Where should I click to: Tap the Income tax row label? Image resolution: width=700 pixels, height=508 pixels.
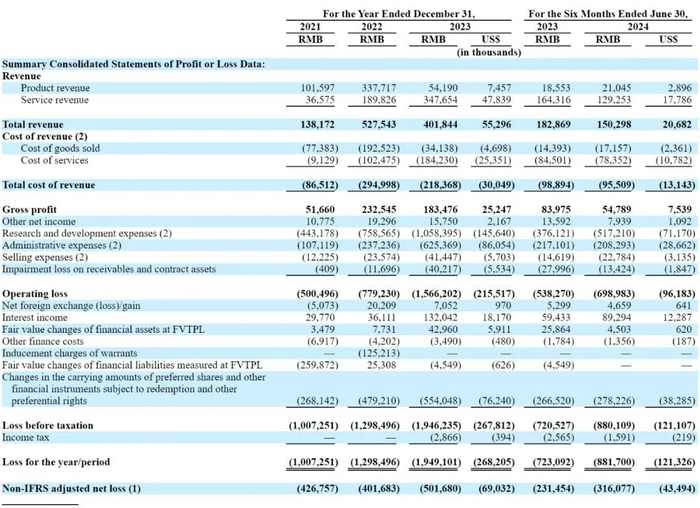[x=28, y=436]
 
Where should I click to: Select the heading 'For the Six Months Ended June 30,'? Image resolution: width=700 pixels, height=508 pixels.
[x=607, y=13]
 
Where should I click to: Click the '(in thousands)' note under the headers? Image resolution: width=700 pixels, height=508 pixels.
[x=488, y=51]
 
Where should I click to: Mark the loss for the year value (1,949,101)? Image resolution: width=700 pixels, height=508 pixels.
[x=436, y=462]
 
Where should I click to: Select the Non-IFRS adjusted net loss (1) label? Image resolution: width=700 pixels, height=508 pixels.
[x=72, y=488]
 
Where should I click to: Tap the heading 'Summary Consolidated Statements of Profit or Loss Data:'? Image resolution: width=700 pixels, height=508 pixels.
[x=133, y=64]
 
